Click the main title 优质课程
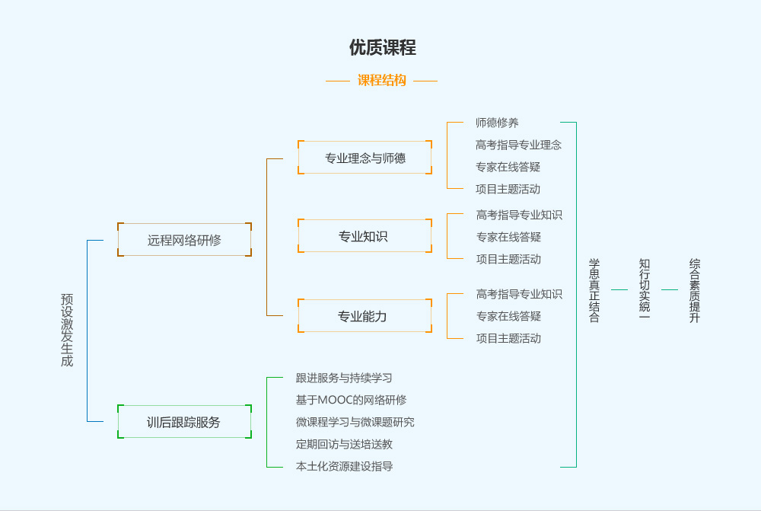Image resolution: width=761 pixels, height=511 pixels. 382,47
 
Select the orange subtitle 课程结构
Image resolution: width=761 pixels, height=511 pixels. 382,80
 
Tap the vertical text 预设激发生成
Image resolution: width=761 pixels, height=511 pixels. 67,330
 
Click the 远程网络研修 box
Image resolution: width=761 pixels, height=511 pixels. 184,240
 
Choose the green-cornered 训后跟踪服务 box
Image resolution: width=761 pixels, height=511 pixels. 184,422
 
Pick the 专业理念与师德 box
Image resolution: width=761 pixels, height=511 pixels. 365,158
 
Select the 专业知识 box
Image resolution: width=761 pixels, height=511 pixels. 365,236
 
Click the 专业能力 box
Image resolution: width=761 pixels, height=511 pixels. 365,315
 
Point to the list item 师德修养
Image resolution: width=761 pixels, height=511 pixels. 497,122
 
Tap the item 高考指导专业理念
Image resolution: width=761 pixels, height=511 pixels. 519,144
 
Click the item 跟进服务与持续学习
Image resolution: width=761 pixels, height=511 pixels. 344,377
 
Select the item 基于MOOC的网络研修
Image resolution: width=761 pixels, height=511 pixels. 351,399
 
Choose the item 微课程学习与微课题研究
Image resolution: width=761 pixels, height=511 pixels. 355,421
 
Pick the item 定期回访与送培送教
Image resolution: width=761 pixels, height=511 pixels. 344,443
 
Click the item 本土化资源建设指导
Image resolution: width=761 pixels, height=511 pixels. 344,465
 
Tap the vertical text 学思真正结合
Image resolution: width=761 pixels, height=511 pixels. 594,290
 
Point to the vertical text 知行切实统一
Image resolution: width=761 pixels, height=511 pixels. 645,290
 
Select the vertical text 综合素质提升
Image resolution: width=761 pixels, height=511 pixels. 694,290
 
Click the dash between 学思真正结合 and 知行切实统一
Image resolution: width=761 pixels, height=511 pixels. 619,290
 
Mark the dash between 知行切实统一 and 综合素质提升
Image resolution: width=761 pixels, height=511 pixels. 670,290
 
